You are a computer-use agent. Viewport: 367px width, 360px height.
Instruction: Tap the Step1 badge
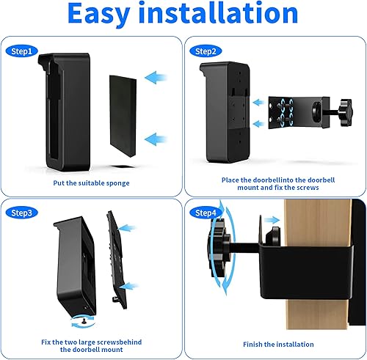[22, 51]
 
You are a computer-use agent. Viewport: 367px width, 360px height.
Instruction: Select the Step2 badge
[204, 51]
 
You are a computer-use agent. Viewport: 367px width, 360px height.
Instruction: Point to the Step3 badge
[22, 213]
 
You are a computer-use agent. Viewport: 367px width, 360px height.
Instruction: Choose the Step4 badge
[204, 213]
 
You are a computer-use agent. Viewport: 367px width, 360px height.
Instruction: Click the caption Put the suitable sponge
[93, 182]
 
